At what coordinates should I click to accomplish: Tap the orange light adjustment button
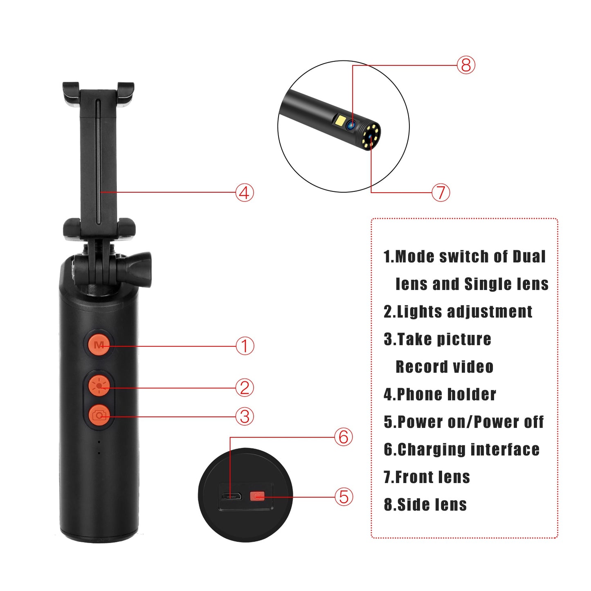[x=99, y=385]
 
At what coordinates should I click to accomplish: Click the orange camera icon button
[x=99, y=416]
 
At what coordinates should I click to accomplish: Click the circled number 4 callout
[x=245, y=192]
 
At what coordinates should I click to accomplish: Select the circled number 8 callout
[x=466, y=65]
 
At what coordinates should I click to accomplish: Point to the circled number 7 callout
[x=440, y=192]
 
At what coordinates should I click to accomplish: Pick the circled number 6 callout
[x=344, y=437]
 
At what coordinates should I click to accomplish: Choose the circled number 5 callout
[x=344, y=497]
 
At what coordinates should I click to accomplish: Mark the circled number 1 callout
[x=245, y=346]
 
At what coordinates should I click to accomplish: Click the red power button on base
[x=257, y=497]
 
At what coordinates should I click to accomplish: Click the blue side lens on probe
[x=351, y=125]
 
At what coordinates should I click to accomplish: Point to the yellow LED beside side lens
[x=340, y=121]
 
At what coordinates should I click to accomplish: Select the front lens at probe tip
[x=371, y=137]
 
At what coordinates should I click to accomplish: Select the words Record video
[x=444, y=367]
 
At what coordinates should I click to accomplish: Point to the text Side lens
[x=431, y=505]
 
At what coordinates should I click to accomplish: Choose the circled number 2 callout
[x=245, y=388]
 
